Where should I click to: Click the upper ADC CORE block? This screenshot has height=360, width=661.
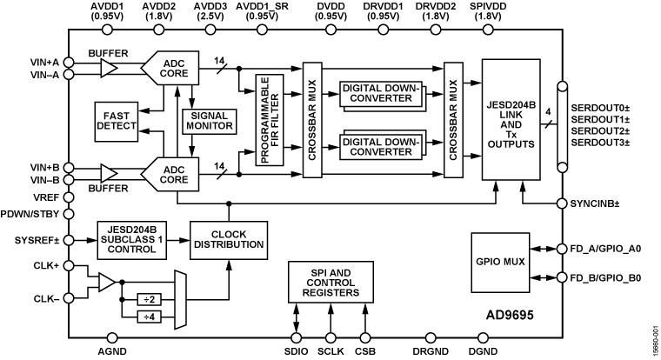(x=171, y=68)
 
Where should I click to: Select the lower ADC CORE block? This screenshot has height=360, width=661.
(x=171, y=174)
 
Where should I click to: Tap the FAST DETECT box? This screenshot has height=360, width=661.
(x=117, y=121)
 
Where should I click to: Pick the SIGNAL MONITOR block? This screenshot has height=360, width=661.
(x=210, y=121)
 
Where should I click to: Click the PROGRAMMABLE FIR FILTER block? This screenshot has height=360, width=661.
(x=270, y=119)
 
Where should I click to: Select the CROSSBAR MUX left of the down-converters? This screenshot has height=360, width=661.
(x=312, y=119)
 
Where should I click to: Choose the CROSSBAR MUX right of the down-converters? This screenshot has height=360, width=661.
(x=453, y=119)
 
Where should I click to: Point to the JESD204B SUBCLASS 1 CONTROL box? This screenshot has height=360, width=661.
(x=131, y=239)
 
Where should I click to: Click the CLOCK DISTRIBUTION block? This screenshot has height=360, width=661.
(x=227, y=239)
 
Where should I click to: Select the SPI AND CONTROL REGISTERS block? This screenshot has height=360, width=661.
(x=330, y=282)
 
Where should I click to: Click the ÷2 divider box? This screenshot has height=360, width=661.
(x=149, y=299)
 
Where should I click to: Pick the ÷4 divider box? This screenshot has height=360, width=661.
(x=149, y=317)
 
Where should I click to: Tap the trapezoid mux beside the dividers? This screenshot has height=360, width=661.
(x=180, y=300)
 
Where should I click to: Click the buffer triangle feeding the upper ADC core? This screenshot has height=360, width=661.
(x=107, y=68)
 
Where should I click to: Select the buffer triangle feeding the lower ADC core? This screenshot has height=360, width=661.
(x=107, y=174)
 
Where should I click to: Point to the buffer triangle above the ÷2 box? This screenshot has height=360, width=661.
(x=107, y=282)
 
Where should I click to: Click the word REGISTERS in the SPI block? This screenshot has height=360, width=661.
(x=330, y=293)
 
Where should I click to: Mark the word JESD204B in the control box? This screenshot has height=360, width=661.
(x=131, y=229)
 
